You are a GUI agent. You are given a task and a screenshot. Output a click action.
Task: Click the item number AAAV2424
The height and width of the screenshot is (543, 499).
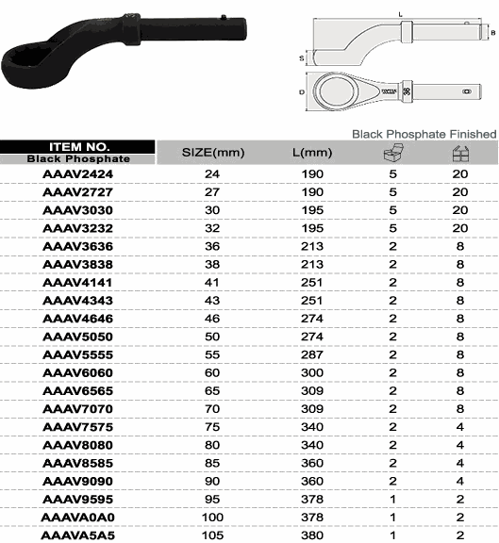point(78,173)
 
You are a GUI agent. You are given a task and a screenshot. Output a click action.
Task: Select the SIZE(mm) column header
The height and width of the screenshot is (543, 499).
point(213,153)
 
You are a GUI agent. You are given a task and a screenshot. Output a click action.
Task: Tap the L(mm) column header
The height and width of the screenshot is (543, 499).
point(312,153)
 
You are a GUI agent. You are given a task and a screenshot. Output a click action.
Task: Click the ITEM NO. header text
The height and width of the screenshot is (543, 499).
point(79,147)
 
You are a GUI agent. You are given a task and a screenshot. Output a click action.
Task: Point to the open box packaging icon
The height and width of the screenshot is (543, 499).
point(394,152)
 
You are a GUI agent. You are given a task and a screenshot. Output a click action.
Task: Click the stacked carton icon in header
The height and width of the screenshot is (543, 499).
point(460,154)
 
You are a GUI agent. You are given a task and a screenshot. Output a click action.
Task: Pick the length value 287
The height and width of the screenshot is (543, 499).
point(312,354)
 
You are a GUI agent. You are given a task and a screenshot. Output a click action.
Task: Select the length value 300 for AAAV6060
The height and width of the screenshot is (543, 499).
point(312,372)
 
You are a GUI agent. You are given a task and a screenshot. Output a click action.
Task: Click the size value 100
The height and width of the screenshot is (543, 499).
point(212,517)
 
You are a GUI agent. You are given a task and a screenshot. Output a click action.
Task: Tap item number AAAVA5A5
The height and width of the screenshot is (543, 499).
point(78,535)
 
